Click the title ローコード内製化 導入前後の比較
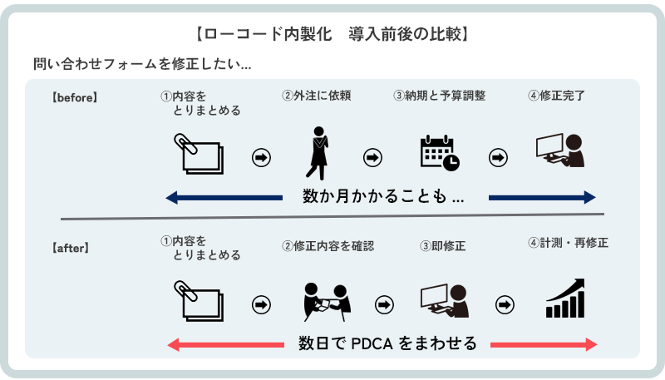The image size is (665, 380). (332, 35)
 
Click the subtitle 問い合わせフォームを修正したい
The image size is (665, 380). (141, 63)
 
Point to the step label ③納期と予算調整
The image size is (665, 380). (439, 95)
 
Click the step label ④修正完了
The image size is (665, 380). (556, 95)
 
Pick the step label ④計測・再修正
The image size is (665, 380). (567, 244)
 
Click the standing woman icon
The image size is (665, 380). (317, 152)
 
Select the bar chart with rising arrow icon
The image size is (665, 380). (565, 299)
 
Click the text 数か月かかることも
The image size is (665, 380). (382, 198)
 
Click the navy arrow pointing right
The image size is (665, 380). (542, 197)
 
